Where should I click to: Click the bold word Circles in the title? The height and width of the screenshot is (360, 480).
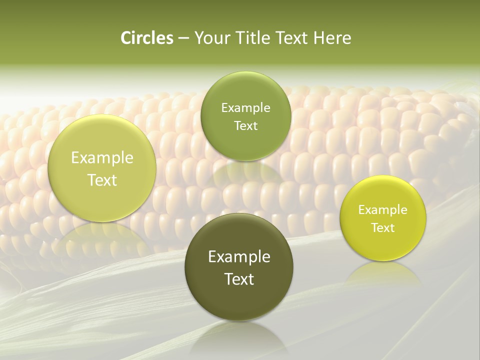pos(147,38)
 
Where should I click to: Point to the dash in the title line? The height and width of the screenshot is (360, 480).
pos(183,38)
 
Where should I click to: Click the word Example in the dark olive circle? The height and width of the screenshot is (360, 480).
pos(239,257)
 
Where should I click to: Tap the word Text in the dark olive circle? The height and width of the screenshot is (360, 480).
pos(239,279)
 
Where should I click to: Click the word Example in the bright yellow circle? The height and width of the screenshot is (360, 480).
pos(383,209)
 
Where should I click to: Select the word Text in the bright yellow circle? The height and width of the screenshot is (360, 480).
pos(383,227)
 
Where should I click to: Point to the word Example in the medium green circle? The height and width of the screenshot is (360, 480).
pos(245,107)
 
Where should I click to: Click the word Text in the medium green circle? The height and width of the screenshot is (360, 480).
pos(245,125)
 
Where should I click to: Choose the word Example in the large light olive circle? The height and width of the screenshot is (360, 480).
pos(102,158)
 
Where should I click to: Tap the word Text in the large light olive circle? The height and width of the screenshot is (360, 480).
pos(102,180)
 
